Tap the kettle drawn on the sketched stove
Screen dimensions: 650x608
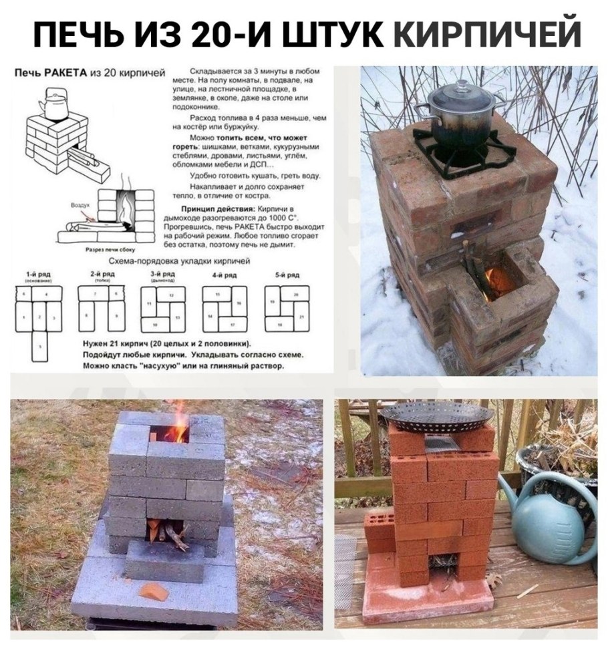point(49,104)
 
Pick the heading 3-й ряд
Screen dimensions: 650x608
point(160,275)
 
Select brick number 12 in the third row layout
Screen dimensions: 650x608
point(172,294)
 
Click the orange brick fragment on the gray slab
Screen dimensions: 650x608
point(153,591)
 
